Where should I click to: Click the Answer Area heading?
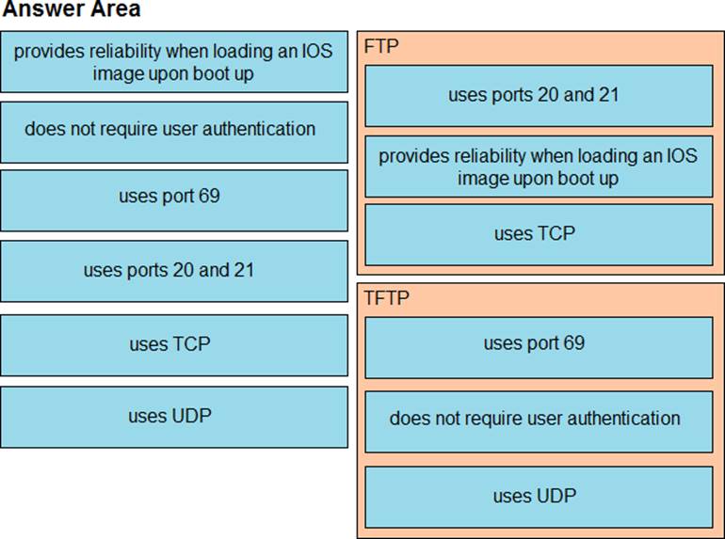click(72, 9)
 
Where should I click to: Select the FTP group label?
click(381, 46)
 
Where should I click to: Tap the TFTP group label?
click(386, 298)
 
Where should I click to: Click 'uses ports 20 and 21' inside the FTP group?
click(539, 96)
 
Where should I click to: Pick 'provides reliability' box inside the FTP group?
click(539, 166)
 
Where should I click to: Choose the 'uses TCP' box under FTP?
click(539, 234)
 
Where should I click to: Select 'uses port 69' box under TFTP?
click(539, 348)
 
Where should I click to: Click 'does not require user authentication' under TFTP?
click(539, 421)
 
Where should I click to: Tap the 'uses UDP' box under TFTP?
click(539, 497)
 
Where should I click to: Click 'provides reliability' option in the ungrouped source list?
click(174, 62)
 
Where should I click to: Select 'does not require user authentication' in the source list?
click(174, 133)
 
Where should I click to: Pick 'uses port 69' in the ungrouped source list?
click(174, 201)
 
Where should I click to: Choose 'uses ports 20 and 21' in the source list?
click(174, 271)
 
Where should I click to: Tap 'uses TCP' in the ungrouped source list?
click(174, 345)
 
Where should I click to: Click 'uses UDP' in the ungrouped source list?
click(174, 417)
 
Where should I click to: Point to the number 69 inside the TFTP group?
click(573, 342)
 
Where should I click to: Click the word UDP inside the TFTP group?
click(556, 496)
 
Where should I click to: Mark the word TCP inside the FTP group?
click(556, 233)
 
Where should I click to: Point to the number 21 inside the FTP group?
click(608, 95)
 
